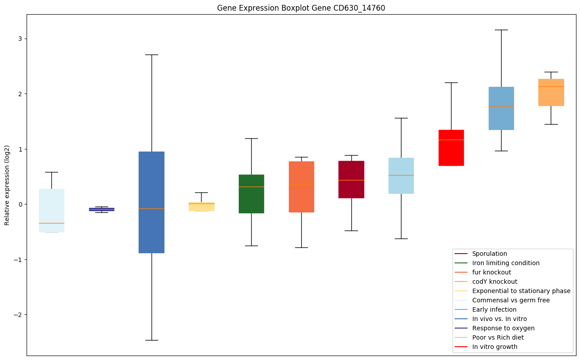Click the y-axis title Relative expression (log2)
click(x=7, y=185)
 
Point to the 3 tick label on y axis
click(x=19, y=39)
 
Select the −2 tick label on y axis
click(x=18, y=315)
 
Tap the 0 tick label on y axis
click(x=19, y=204)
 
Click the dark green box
click(x=251, y=194)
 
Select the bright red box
click(x=451, y=148)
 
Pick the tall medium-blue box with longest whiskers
click(x=152, y=202)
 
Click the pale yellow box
click(x=201, y=207)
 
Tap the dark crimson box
click(x=351, y=180)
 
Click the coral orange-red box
click(x=301, y=187)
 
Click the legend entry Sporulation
click(x=489, y=254)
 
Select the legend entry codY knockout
click(x=494, y=282)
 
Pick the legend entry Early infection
click(x=494, y=309)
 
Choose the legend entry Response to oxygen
click(x=503, y=328)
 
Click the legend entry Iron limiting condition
click(x=506, y=263)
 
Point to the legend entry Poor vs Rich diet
click(x=498, y=337)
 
